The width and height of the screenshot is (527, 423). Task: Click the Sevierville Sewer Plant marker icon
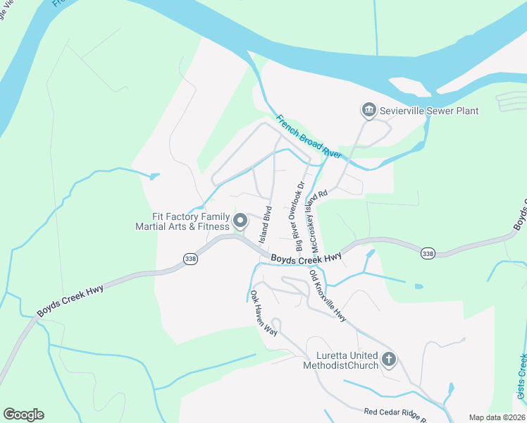tap(368, 111)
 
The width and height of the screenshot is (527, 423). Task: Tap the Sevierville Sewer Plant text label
tap(428, 111)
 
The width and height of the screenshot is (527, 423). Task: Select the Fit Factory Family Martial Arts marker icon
tap(240, 221)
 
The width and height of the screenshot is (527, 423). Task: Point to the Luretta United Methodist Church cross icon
tap(388, 360)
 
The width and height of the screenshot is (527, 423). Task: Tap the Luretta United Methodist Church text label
tap(340, 360)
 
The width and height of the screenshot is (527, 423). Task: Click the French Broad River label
tap(309, 136)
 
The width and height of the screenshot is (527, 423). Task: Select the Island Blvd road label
tap(266, 225)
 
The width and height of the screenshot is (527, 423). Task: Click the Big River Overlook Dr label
tap(300, 216)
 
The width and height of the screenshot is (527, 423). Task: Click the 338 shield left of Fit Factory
tap(190, 259)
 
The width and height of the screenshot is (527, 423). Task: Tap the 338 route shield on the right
tap(427, 252)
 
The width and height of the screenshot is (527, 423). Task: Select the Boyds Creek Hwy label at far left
tap(71, 299)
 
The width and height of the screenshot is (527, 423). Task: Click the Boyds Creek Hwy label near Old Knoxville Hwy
tap(306, 259)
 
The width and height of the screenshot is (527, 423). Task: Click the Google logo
tap(23, 415)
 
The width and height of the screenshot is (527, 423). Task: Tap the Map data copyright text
tap(497, 417)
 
